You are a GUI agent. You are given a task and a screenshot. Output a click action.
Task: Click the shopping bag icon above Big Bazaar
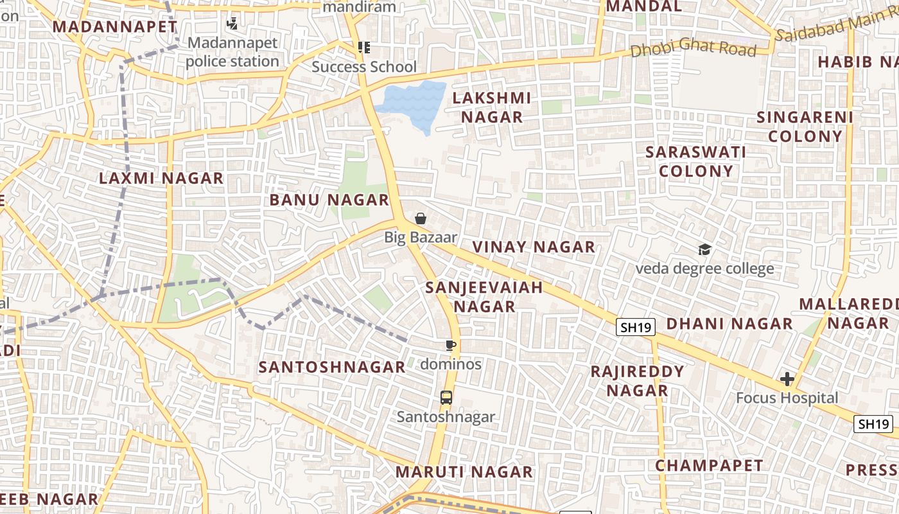421,219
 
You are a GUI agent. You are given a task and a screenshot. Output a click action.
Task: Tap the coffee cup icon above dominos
451,346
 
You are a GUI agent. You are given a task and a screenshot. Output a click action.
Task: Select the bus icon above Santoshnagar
446,398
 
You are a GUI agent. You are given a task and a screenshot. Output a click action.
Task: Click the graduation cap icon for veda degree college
704,250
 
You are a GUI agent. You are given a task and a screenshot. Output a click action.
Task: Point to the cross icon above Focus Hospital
787,379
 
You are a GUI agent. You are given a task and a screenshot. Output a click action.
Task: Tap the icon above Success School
364,48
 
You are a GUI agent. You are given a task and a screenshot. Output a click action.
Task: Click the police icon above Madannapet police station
232,24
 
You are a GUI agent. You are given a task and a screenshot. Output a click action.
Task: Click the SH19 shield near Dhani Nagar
636,327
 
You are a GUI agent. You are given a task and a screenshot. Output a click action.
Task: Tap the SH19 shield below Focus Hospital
873,424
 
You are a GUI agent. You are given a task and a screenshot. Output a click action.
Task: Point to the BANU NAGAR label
329,200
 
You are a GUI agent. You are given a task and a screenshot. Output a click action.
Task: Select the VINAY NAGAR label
534,247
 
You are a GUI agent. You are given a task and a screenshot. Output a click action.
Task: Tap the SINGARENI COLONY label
805,127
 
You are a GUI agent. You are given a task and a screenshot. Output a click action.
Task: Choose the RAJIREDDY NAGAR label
637,380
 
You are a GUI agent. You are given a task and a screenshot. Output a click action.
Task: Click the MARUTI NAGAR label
464,472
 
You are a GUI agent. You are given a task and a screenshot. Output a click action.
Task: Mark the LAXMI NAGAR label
161,179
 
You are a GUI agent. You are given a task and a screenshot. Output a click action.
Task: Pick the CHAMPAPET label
709,466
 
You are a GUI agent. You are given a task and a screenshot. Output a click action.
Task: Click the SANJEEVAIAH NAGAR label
484,297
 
